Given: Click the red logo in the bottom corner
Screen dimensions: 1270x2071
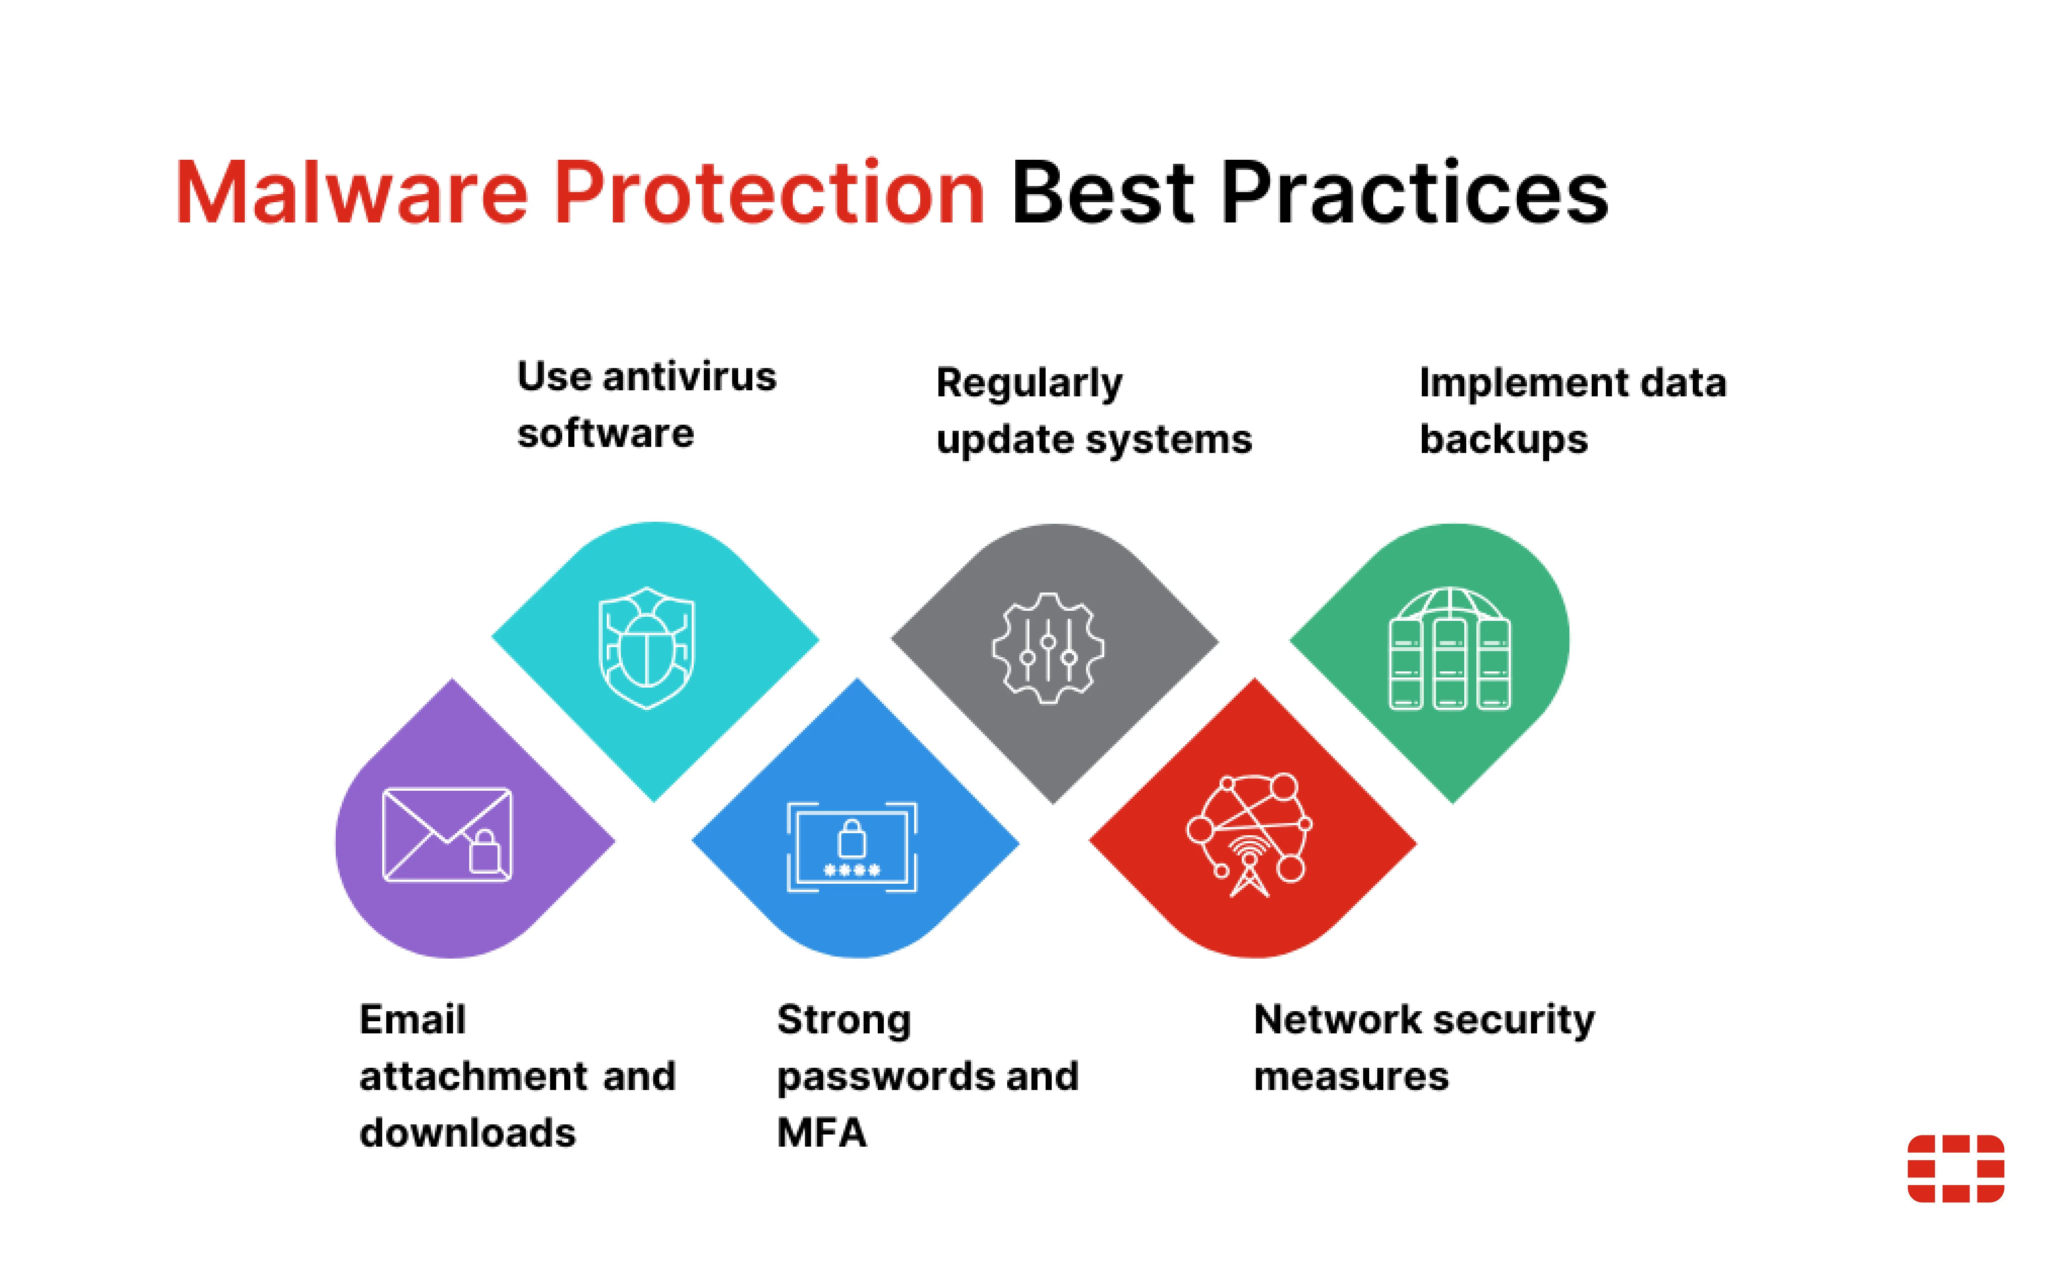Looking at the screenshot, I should (x=1955, y=1168).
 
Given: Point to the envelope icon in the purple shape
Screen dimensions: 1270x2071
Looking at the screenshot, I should (x=446, y=835).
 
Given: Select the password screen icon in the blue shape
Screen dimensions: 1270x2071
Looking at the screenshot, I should (x=851, y=846).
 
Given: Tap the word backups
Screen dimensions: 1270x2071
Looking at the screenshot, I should (x=1503, y=439).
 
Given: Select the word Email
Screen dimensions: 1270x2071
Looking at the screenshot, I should (x=412, y=1020).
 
